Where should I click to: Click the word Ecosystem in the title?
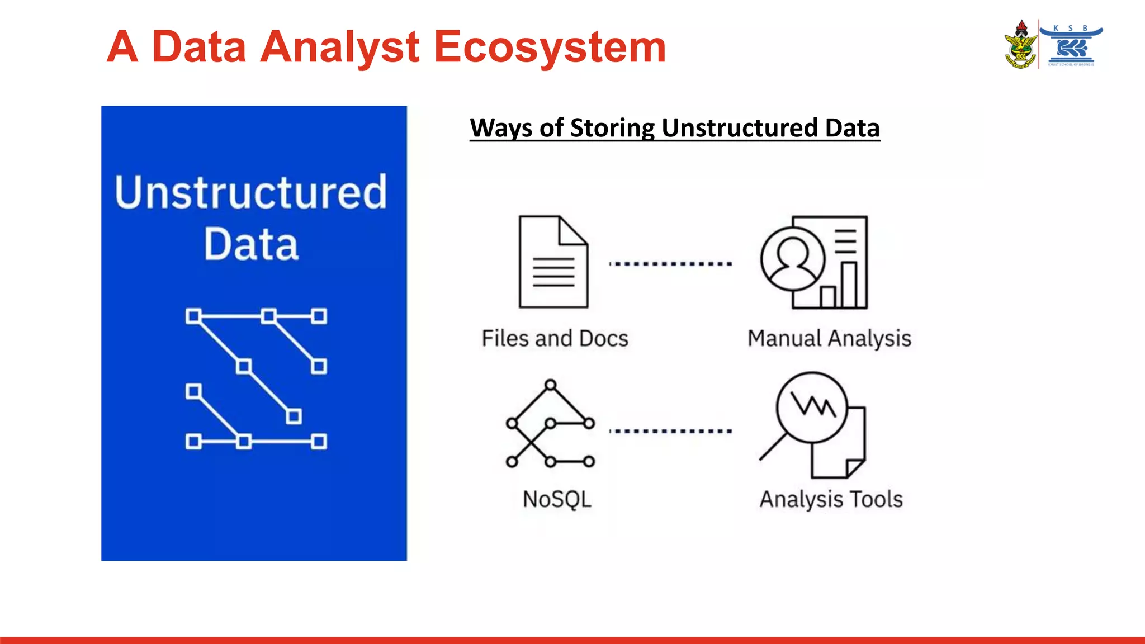tap(550, 47)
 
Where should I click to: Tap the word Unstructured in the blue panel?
tap(251, 192)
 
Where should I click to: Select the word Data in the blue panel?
tap(251, 244)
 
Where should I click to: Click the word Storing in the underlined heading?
tap(612, 128)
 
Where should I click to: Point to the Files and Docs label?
tap(555, 339)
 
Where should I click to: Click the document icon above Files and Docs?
tap(552, 263)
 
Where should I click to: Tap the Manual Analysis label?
tap(829, 339)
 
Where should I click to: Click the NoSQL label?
tap(557, 499)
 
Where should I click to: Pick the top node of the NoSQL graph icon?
tap(551, 385)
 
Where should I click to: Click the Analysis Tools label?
tap(831, 499)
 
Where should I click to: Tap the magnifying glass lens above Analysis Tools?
tap(812, 407)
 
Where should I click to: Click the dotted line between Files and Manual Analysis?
tap(670, 263)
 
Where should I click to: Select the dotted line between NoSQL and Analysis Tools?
tap(670, 431)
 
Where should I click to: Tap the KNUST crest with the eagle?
tap(1021, 45)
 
